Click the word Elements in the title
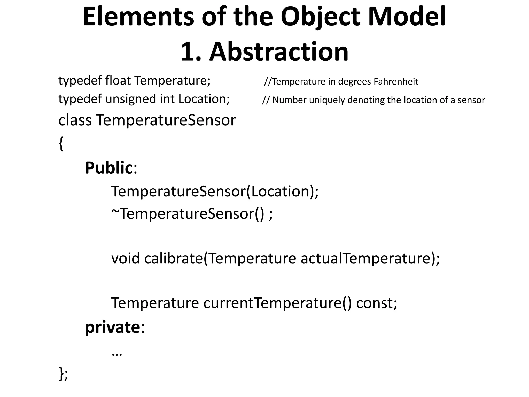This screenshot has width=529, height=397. click(138, 17)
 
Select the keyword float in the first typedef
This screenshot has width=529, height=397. click(118, 81)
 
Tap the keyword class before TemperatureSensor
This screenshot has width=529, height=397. click(75, 120)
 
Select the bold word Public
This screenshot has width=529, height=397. click(109, 168)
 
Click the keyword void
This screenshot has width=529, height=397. click(126, 258)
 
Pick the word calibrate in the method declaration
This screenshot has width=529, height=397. click(174, 258)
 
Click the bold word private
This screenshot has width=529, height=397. click(113, 327)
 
